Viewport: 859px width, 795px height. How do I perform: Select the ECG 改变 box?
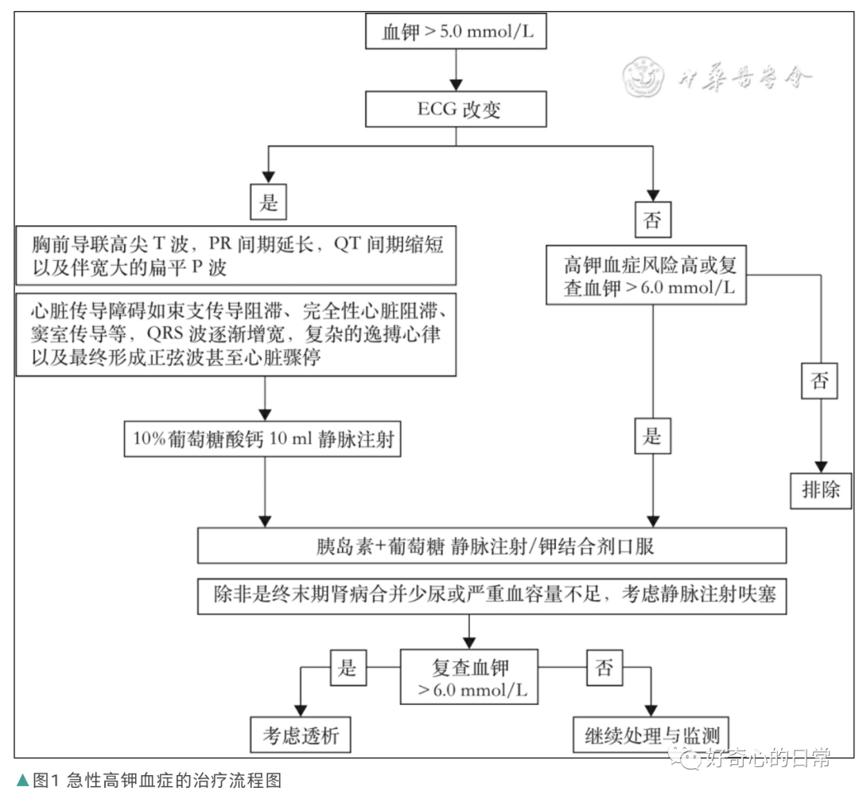(455, 109)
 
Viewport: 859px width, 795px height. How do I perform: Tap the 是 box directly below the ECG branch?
(268, 202)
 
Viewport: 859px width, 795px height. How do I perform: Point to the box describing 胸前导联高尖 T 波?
(235, 255)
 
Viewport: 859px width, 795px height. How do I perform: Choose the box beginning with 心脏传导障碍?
(235, 333)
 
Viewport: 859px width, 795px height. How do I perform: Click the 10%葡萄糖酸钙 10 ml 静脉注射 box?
(262, 438)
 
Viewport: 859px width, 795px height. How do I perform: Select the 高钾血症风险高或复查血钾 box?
(645, 275)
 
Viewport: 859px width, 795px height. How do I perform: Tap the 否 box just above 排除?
(818, 380)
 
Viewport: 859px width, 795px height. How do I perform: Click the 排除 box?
(820, 489)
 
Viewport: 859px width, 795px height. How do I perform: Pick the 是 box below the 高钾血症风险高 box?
(652, 437)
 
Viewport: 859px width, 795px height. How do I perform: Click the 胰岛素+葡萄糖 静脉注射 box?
(492, 546)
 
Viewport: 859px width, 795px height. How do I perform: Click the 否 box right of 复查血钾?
(604, 667)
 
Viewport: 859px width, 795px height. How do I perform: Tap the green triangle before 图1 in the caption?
(22, 781)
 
